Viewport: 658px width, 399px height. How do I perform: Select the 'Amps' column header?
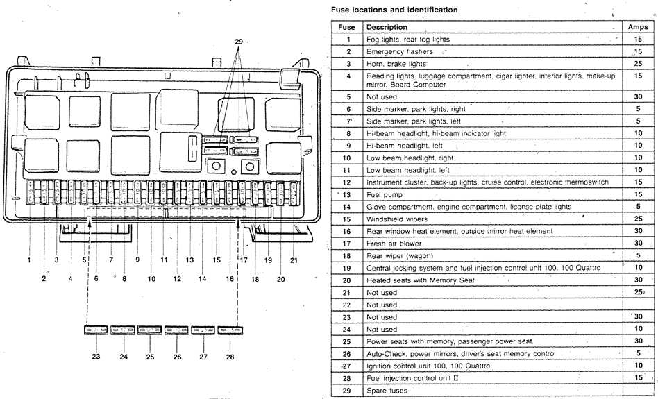point(637,27)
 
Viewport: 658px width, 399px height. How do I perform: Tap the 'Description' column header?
point(387,27)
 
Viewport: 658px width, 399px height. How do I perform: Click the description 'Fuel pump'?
point(385,195)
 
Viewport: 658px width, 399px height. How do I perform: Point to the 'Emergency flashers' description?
point(399,52)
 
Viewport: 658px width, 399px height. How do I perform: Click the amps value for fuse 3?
point(637,63)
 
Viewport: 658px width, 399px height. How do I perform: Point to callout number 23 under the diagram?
point(96,357)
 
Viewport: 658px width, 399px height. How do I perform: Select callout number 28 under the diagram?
point(230,357)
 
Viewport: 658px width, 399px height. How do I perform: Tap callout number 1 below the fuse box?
point(29,260)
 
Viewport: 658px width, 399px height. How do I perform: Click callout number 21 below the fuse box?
point(293,260)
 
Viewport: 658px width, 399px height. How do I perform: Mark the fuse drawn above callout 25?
point(149,330)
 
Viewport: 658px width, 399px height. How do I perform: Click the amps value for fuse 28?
point(637,377)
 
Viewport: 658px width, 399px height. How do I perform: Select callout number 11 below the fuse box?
point(164,260)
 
